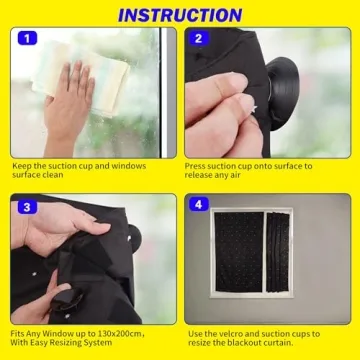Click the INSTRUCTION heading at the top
click(x=180, y=14)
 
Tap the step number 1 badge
click(x=26, y=39)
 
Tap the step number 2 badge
click(x=199, y=39)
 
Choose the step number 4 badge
click(x=199, y=206)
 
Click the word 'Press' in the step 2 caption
click(x=196, y=166)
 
